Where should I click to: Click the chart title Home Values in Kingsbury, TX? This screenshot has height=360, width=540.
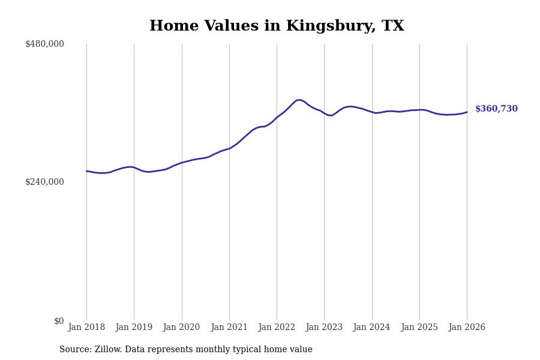[x=277, y=26]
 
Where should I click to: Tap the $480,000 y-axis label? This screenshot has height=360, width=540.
[x=44, y=44]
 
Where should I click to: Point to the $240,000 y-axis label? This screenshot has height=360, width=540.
[x=44, y=182]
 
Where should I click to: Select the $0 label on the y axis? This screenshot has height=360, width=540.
[x=59, y=321]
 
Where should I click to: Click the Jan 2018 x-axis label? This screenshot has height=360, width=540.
[x=86, y=328]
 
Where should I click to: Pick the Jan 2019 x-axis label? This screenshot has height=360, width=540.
[x=134, y=328]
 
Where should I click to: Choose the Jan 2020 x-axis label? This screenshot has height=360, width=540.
[x=182, y=328]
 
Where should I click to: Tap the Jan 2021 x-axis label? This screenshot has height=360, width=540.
[x=229, y=328]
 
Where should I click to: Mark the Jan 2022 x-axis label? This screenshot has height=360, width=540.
[x=277, y=328]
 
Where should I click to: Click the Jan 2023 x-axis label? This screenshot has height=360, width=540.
[x=324, y=328]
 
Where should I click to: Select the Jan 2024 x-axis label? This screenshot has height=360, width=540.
[x=372, y=328]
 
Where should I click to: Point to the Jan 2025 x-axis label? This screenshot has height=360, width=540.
[x=419, y=328]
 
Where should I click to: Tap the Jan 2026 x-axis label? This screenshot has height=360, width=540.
[x=467, y=328]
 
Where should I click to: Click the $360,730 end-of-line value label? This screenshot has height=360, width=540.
[x=496, y=109]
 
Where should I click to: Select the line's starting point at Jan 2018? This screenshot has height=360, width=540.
[x=86, y=171]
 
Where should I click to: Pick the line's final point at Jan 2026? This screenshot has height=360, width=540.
[x=467, y=112]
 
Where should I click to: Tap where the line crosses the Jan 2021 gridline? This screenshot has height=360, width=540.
[x=229, y=148]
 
